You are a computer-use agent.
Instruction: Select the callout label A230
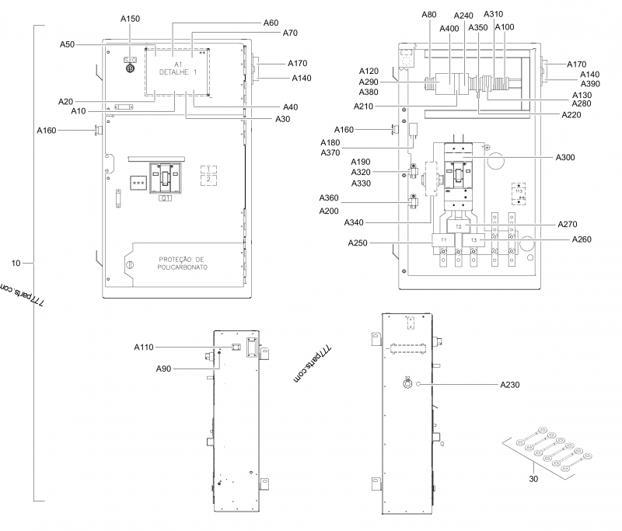[x=511, y=384]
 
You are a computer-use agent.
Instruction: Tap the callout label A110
[x=145, y=347]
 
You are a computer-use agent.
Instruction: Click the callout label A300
[x=565, y=158]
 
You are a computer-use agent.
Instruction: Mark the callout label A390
[x=590, y=84]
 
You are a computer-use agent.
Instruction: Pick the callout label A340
[x=355, y=223]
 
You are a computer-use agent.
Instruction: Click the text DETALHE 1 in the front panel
[x=178, y=72]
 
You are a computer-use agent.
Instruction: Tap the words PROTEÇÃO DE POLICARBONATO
[x=180, y=263]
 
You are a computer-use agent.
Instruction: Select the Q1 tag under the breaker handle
[x=166, y=198]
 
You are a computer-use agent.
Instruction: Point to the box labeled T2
[x=458, y=226]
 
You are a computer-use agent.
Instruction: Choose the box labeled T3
[x=473, y=240]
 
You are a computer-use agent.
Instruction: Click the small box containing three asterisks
[x=140, y=183]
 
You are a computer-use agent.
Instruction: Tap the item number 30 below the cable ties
[x=533, y=480]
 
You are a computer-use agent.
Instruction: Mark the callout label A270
[x=568, y=224]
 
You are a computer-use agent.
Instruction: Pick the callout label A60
[x=271, y=23]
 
